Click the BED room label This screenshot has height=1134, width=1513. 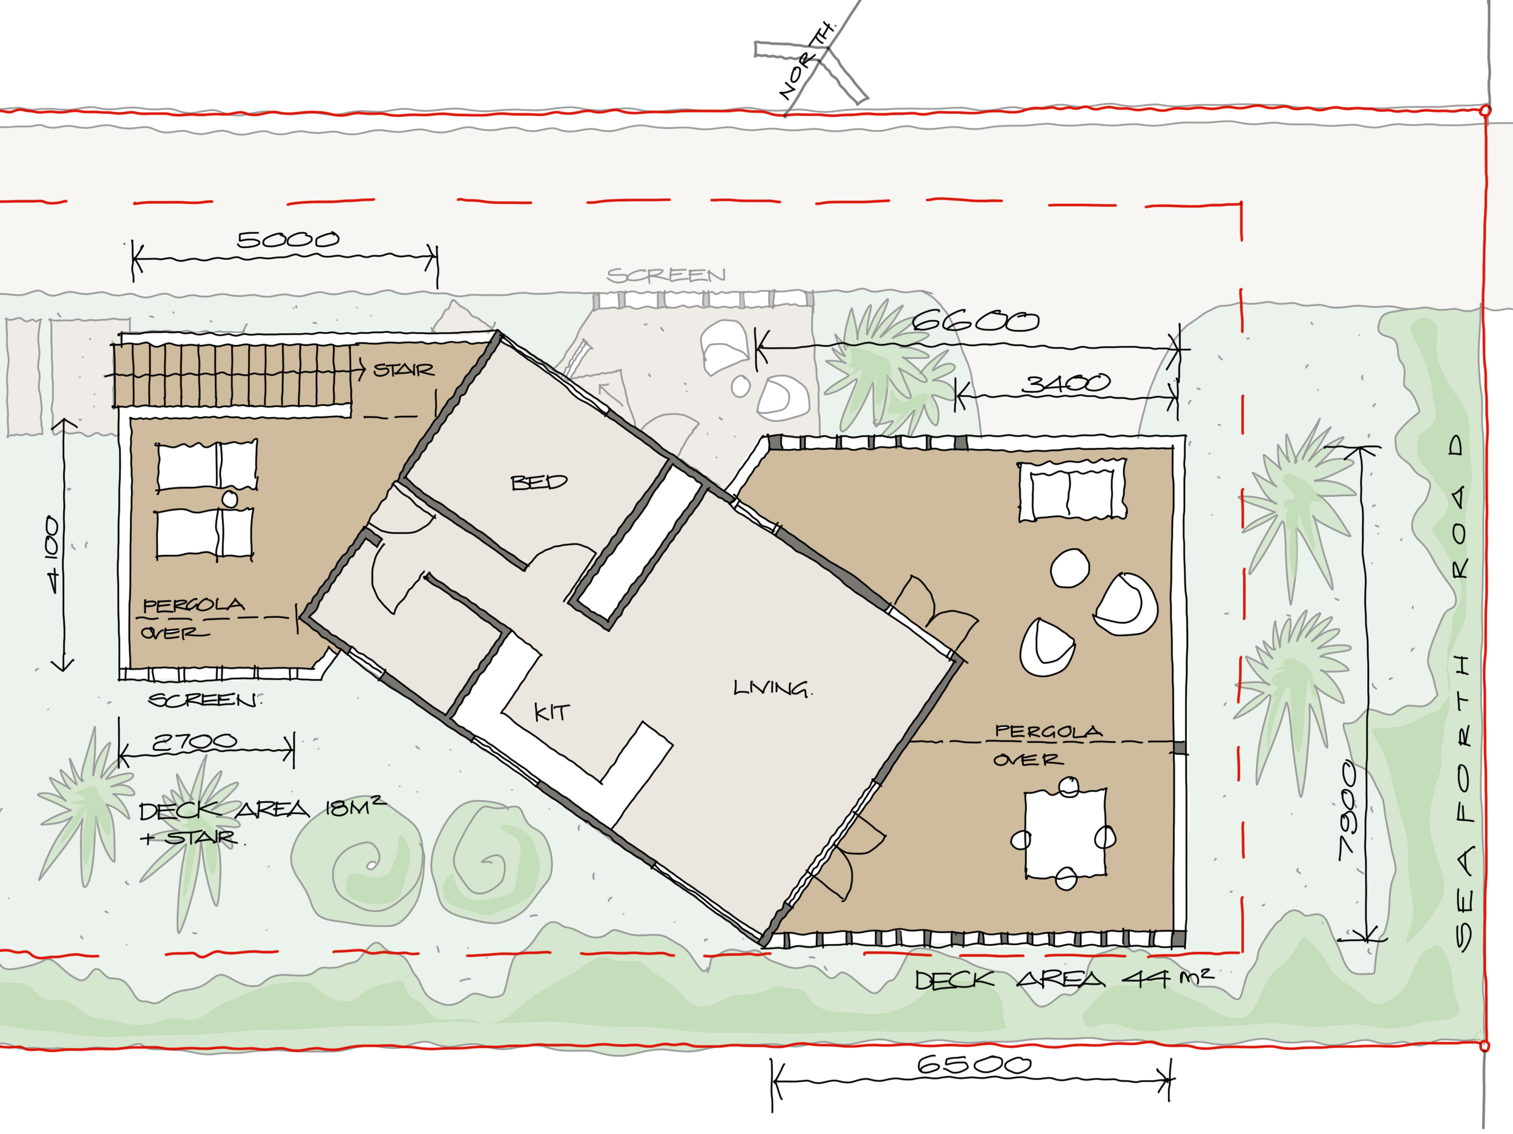click(x=539, y=482)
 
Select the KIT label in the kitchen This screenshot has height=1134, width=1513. click(x=551, y=712)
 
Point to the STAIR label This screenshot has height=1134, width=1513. click(x=404, y=370)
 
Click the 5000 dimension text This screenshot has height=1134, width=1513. click(x=287, y=240)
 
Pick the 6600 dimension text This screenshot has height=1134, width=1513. click(x=976, y=320)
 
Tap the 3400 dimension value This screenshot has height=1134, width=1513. click(x=1066, y=383)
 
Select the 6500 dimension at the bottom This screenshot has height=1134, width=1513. click(x=973, y=1064)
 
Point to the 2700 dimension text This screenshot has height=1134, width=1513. click(x=195, y=741)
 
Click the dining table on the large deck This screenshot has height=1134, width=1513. click(x=1065, y=834)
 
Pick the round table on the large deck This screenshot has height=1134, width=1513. click(x=1070, y=568)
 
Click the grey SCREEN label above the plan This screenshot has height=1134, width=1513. click(x=666, y=275)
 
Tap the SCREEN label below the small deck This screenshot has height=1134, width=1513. click(x=204, y=700)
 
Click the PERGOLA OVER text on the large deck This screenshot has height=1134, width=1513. click(x=1046, y=745)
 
